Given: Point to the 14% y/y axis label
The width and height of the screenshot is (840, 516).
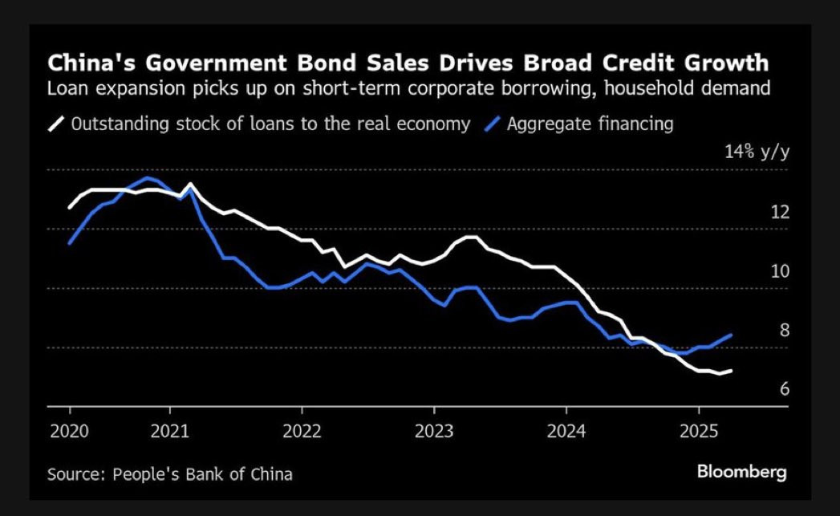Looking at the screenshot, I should [x=757, y=152].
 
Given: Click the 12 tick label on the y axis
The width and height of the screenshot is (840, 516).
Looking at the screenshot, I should [x=780, y=212].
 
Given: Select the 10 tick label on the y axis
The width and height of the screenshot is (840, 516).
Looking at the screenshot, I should [x=780, y=271].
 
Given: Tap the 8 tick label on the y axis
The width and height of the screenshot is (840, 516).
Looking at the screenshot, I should [x=784, y=330].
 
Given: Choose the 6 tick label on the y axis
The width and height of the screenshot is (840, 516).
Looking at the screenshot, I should [x=784, y=389].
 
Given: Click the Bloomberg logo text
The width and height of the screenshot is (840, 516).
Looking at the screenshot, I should [x=741, y=472].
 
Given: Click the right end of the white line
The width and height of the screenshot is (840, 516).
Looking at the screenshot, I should [x=731, y=371].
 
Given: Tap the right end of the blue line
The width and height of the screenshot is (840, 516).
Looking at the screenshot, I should [x=731, y=335].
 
